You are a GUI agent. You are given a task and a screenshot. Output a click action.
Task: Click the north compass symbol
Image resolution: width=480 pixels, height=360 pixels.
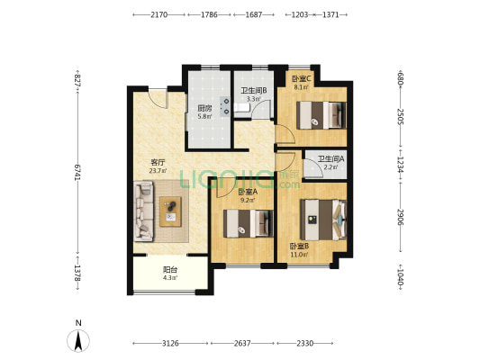[x=78, y=340]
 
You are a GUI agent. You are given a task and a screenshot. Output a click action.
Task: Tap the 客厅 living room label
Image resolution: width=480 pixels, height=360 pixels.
[x=158, y=162]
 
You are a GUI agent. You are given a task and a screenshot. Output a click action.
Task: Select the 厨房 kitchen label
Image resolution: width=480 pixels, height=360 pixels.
[x=204, y=108]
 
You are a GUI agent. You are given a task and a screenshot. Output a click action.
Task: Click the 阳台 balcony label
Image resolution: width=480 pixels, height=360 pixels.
[x=170, y=270]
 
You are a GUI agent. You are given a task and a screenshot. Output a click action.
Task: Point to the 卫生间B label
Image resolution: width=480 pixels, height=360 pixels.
[x=254, y=91]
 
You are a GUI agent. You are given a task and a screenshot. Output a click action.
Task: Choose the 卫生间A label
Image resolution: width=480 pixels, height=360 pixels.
[x=331, y=159]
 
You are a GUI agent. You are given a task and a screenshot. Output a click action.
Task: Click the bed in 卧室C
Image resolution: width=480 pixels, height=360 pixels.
[x=322, y=115]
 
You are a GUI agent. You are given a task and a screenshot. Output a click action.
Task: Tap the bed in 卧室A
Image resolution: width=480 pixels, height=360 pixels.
[x=249, y=223]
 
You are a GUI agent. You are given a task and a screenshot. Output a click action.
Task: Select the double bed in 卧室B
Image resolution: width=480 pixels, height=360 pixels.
[x=323, y=220]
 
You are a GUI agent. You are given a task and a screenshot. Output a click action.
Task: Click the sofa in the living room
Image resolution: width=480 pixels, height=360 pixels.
[x=143, y=211]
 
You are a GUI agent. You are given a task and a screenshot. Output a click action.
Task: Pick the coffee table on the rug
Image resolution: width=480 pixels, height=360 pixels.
[x=170, y=211]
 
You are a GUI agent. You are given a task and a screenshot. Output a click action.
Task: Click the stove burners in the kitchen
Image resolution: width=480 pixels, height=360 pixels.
[x=225, y=106]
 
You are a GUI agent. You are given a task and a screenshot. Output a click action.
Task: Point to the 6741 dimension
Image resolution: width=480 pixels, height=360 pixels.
[x=77, y=172]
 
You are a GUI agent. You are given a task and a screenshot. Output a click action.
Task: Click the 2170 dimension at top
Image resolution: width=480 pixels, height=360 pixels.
[x=159, y=14]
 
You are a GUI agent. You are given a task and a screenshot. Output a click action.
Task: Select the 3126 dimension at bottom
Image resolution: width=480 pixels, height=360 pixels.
[x=170, y=344]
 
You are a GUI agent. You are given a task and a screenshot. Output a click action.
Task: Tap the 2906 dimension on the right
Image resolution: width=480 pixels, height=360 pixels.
[x=400, y=217]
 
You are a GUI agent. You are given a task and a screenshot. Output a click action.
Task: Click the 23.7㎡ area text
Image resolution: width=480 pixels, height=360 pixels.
[x=158, y=171]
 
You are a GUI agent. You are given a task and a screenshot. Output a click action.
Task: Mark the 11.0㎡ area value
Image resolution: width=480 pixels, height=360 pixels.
[x=299, y=254]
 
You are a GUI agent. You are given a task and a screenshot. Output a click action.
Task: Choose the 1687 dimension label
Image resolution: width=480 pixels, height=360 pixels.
[x=254, y=14]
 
